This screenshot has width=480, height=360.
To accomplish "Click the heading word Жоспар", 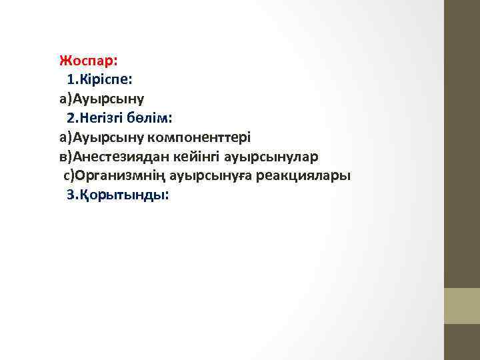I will (87, 61).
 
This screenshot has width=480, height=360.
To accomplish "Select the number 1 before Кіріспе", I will (71, 80).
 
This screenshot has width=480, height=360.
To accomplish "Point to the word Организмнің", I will (120, 177).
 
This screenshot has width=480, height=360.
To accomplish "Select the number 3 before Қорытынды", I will (71, 196).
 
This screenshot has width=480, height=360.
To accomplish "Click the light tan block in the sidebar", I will (461, 305).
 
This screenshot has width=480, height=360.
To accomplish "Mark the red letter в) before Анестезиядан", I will (66, 157).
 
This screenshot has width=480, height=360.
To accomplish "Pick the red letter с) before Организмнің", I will (69, 177).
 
